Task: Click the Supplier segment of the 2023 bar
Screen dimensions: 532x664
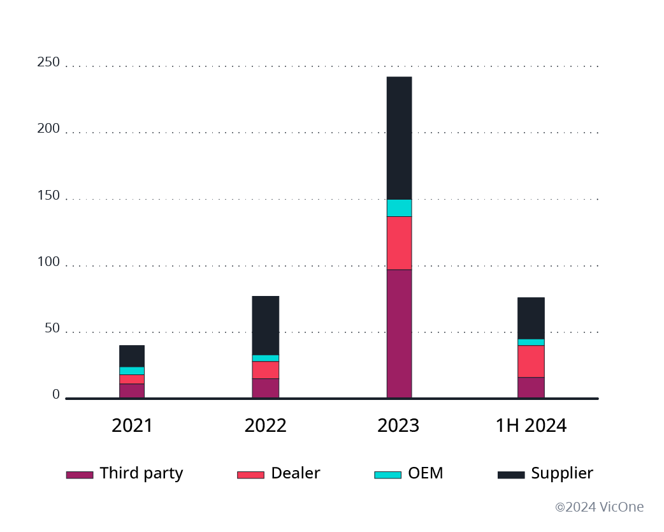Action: [399, 138]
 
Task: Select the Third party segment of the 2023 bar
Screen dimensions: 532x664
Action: [399, 334]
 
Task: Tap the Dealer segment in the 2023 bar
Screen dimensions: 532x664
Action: [399, 243]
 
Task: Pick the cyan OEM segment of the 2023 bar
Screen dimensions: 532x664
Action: [399, 208]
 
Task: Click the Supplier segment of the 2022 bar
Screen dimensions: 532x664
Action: [265, 325]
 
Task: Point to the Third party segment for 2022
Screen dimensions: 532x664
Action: [265, 388]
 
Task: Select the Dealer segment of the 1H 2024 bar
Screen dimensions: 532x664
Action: [531, 361]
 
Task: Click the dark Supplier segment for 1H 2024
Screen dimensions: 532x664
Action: [531, 318]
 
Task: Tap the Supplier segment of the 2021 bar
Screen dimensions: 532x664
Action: [132, 356]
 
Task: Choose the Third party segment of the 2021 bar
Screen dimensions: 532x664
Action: [132, 391]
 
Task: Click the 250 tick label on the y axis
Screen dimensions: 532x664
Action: [48, 63]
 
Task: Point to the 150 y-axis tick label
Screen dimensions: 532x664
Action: [48, 196]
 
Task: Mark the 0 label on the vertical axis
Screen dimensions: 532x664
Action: [56, 395]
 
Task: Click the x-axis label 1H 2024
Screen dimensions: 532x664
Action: [531, 426]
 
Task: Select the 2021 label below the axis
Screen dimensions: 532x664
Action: [132, 426]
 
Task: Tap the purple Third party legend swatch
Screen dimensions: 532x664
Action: [80, 475]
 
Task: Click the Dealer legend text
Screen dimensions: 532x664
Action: [295, 473]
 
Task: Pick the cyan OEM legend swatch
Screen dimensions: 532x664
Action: [387, 475]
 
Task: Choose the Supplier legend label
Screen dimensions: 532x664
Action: [562, 473]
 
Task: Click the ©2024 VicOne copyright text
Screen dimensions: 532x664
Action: [599, 507]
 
